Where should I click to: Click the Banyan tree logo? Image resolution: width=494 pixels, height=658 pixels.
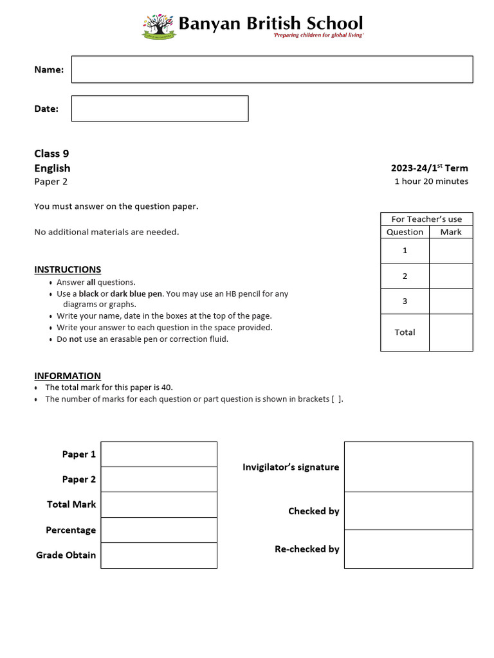(x=158, y=26)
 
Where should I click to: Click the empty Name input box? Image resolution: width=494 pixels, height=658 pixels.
(x=271, y=69)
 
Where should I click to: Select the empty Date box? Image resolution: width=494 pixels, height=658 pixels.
(x=160, y=109)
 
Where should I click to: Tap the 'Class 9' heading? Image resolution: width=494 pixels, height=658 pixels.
(x=51, y=154)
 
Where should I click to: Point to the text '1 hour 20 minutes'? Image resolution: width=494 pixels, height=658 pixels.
(x=431, y=181)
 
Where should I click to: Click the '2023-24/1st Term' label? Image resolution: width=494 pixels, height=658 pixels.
(x=429, y=168)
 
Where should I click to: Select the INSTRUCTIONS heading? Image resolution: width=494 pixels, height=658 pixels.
(x=68, y=269)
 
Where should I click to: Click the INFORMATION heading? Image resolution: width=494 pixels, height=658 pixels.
(x=68, y=376)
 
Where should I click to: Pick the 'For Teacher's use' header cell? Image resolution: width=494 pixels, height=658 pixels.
(x=426, y=219)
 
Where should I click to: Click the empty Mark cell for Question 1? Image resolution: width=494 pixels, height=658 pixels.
(x=450, y=251)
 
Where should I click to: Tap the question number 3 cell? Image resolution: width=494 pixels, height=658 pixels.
(x=405, y=301)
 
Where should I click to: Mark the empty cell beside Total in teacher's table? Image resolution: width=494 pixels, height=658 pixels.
(x=450, y=332)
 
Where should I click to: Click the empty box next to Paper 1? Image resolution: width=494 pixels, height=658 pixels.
(x=159, y=454)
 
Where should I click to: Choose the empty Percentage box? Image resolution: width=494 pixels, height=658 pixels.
(x=159, y=530)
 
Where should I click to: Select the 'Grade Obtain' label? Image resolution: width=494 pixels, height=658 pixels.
(x=66, y=555)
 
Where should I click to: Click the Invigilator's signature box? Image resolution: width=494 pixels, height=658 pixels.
(x=408, y=467)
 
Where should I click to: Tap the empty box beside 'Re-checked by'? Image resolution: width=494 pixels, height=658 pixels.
(x=408, y=549)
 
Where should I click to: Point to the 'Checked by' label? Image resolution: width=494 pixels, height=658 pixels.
(x=313, y=511)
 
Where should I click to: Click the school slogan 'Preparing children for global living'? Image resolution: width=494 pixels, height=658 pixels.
(x=319, y=35)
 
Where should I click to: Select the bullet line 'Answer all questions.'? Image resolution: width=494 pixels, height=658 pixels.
(x=96, y=282)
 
